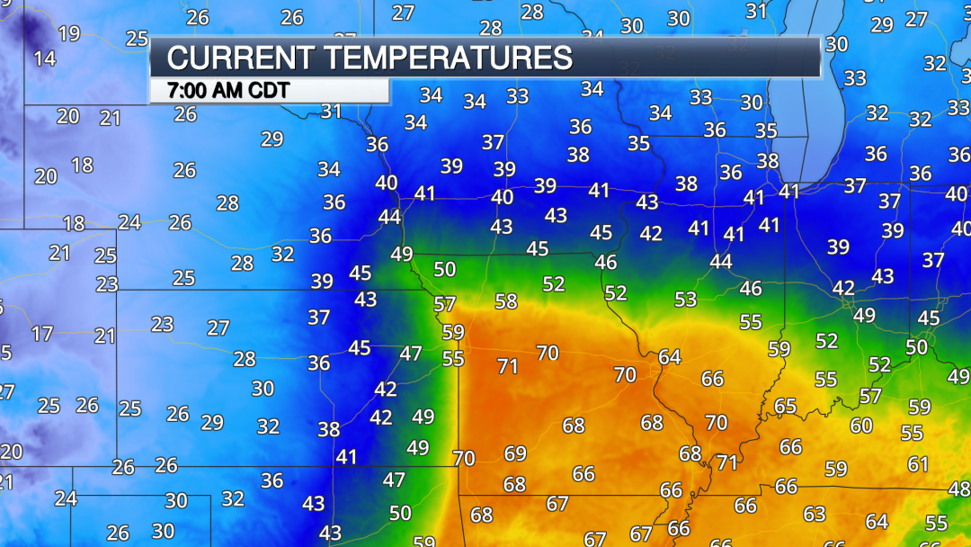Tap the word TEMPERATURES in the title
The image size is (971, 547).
point(449,58)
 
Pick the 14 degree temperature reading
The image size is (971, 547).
point(44,59)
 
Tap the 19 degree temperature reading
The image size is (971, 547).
point(69,34)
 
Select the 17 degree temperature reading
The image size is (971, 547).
point(42,334)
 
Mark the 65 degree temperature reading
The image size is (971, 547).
point(785,406)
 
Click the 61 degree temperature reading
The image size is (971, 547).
point(918,464)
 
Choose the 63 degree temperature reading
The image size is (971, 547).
point(815,514)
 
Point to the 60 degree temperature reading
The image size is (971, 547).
point(861,426)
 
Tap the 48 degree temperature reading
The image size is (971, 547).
point(958,489)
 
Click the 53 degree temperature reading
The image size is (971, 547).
point(686,299)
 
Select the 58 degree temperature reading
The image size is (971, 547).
point(506,301)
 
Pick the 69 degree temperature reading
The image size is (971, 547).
point(515,453)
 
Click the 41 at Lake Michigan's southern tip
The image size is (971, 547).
point(789,191)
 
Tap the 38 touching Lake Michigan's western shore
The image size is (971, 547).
point(768,161)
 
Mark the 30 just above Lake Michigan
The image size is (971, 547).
point(836,44)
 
